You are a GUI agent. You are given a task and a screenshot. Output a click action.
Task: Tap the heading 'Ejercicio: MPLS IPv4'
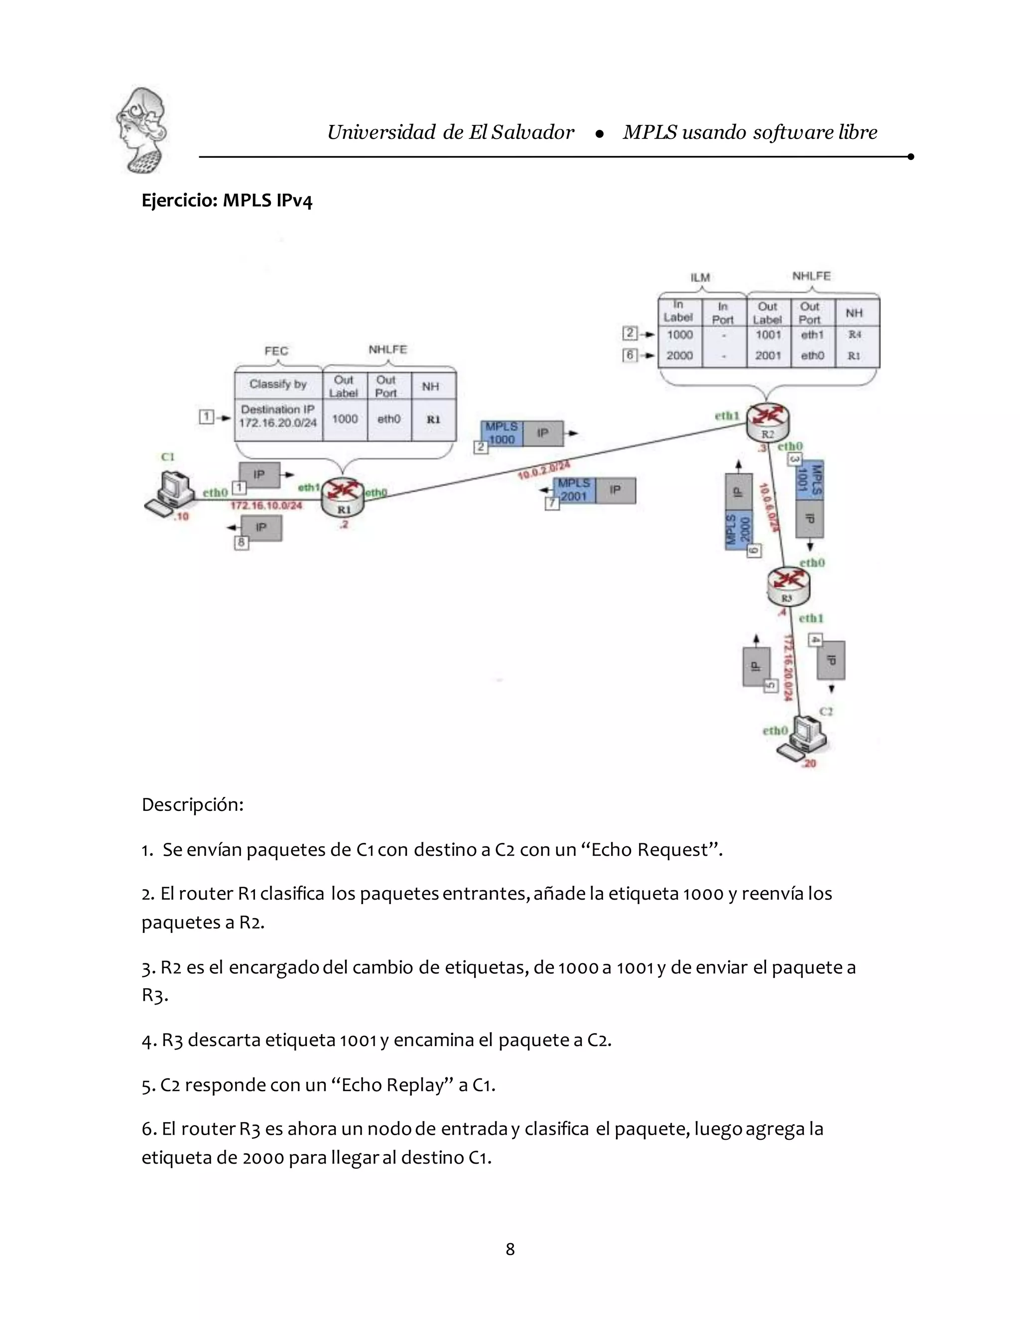(x=227, y=200)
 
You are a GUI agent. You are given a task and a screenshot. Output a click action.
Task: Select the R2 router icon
(x=767, y=421)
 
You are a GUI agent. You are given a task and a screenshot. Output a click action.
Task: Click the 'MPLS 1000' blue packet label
(x=501, y=433)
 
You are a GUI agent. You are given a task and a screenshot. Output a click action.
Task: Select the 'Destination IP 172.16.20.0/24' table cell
(x=278, y=416)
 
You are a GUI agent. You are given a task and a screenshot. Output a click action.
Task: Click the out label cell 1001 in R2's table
(x=768, y=335)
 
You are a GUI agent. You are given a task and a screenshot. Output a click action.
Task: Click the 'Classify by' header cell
(x=278, y=385)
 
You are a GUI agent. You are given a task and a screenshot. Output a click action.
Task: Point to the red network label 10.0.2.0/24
(x=544, y=470)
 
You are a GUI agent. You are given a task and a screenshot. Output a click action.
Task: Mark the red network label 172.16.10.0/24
(x=266, y=505)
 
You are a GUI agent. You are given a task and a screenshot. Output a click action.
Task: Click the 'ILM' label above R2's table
(x=700, y=277)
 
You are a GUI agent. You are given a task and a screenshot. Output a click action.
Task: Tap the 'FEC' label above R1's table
(x=276, y=351)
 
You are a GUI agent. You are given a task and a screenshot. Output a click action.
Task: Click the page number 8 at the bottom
(x=510, y=1249)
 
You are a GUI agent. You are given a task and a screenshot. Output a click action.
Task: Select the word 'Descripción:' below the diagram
(x=192, y=805)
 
